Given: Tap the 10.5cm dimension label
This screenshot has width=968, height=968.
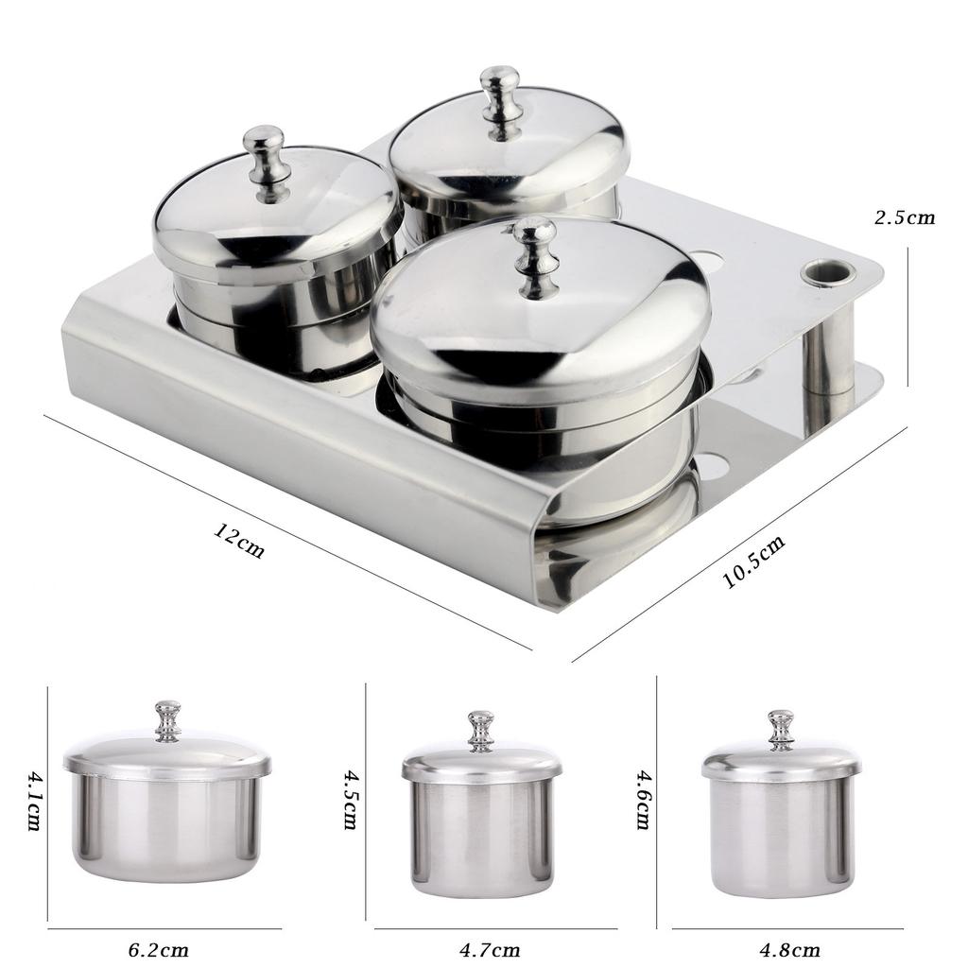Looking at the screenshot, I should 754,562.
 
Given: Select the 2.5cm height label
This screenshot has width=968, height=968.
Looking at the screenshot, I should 905,217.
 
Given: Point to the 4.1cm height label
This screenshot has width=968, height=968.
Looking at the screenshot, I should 34,800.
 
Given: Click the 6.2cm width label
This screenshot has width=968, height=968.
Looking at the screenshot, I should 159,949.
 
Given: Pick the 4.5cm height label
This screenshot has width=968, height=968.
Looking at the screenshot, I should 351,799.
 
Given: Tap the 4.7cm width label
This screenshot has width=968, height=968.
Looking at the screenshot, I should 489,949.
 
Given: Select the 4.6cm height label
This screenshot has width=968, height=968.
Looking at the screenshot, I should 643,800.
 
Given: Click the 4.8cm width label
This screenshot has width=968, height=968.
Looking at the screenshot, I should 788,949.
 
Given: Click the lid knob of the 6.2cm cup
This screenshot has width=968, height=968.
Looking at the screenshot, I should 167,720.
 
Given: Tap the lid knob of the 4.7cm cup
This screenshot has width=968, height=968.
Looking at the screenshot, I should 481,730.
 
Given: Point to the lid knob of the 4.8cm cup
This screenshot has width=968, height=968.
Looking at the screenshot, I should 781,729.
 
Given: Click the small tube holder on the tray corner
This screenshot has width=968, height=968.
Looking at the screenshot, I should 828,274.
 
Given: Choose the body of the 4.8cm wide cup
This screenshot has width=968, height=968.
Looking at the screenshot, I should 781,838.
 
